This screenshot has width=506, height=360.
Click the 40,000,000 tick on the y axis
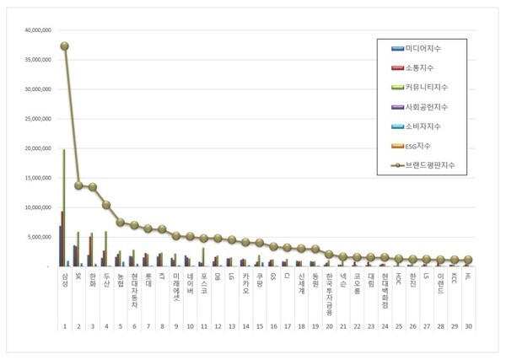tap(38, 30)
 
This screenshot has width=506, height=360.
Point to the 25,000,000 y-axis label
tap(38, 118)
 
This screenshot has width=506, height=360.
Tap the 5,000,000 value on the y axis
tap(40, 237)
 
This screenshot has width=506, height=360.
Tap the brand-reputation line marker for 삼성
tap(65, 46)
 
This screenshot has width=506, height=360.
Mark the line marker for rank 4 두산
tap(106, 205)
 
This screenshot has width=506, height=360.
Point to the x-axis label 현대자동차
tap(133, 287)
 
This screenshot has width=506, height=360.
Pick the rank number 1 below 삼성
tap(65, 325)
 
